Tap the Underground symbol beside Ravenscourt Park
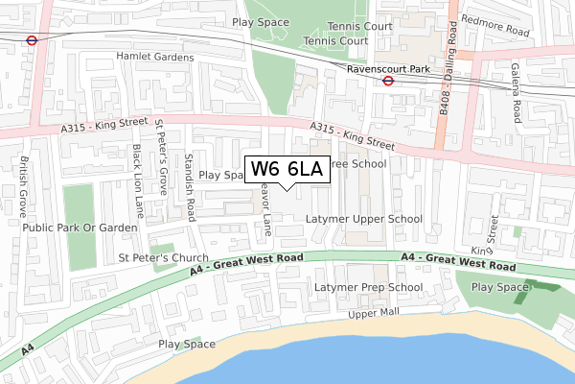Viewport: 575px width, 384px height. click(388, 82)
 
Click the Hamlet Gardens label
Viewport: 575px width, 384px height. click(155, 58)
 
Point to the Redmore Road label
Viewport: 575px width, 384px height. click(494, 32)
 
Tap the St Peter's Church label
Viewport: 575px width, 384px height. click(163, 258)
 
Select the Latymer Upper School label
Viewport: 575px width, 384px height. click(364, 219)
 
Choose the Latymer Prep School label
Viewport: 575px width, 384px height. click(369, 287)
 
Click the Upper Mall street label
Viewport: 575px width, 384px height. click(373, 314)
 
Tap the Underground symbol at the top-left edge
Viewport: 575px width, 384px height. click(32, 41)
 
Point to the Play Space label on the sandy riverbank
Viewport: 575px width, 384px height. click(187, 344)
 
